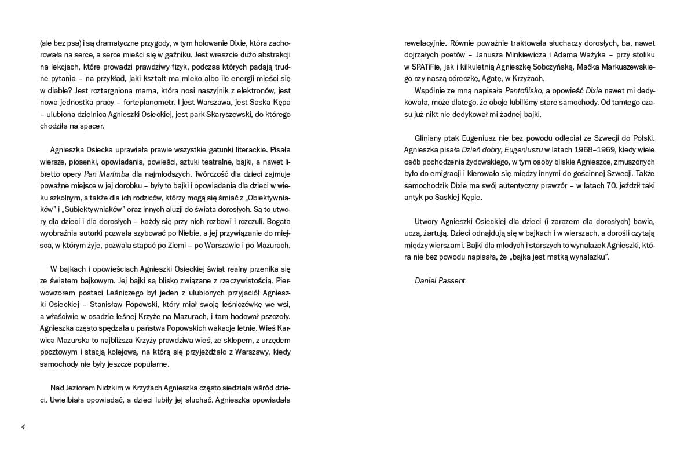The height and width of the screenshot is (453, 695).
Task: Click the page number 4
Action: tap(23, 427)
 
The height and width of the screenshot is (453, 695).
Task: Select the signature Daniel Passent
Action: tap(440, 281)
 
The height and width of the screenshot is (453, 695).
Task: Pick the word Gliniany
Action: tap(430, 138)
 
